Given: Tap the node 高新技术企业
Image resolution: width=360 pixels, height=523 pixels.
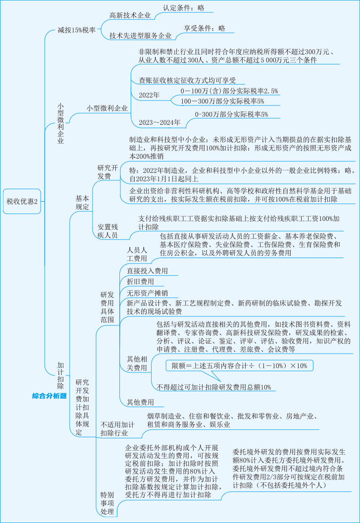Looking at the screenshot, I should [130, 15].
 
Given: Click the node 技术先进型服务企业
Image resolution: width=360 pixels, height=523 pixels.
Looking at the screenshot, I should [140, 36].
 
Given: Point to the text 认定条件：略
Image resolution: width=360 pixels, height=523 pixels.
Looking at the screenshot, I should [184, 7].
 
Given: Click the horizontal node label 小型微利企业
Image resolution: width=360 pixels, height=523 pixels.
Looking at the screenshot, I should [107, 108].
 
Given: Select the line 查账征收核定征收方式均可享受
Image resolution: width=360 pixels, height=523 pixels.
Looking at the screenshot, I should [187, 80].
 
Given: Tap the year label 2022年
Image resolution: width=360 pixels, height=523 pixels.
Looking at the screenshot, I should [149, 95].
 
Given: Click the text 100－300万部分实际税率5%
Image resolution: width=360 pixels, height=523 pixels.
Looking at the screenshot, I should [222, 101].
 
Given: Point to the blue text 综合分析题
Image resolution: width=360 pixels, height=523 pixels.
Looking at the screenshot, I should [50, 396].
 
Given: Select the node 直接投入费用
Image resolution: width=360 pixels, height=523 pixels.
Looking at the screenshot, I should [147, 271].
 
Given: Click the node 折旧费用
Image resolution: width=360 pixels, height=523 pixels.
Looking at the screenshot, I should [140, 281].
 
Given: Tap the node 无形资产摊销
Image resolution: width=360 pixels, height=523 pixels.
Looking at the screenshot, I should [147, 293].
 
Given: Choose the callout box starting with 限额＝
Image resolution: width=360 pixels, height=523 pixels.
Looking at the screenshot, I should [239, 366].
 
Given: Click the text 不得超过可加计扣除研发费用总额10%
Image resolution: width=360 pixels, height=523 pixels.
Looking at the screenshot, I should [214, 387].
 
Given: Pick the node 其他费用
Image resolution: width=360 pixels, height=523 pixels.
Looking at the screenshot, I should [140, 402].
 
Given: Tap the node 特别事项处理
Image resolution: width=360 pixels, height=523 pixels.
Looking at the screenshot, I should [107, 503].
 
